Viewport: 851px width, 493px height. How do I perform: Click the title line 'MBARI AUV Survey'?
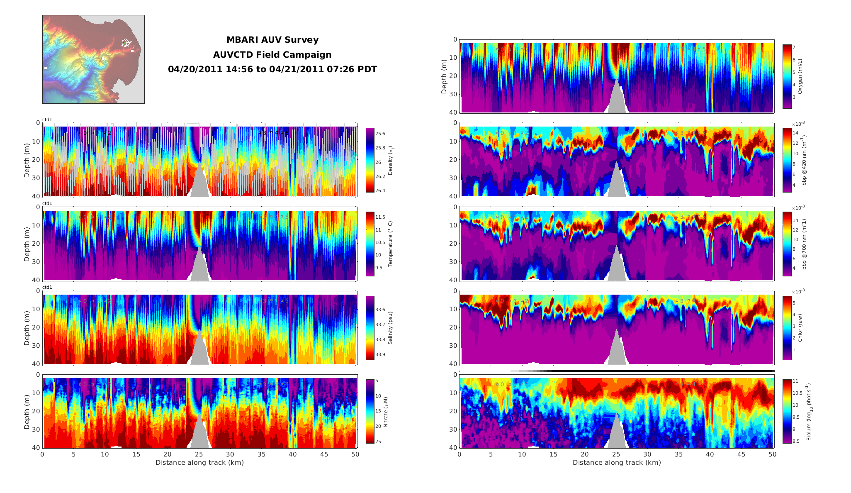272,40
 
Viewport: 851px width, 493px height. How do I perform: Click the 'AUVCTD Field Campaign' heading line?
272,55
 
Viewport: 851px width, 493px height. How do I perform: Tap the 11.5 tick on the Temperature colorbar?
380,217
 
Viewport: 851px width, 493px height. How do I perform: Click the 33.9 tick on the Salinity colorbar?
380,354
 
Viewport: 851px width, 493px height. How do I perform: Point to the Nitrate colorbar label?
386,412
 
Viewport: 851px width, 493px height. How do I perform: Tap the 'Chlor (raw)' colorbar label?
800,328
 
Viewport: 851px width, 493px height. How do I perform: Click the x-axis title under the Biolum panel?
617,462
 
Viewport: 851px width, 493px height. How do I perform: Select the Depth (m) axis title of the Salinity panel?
27,328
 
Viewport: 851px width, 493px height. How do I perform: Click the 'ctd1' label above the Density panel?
47,120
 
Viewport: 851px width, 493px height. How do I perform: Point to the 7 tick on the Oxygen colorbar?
794,47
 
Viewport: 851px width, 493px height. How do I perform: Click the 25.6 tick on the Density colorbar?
380,134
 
